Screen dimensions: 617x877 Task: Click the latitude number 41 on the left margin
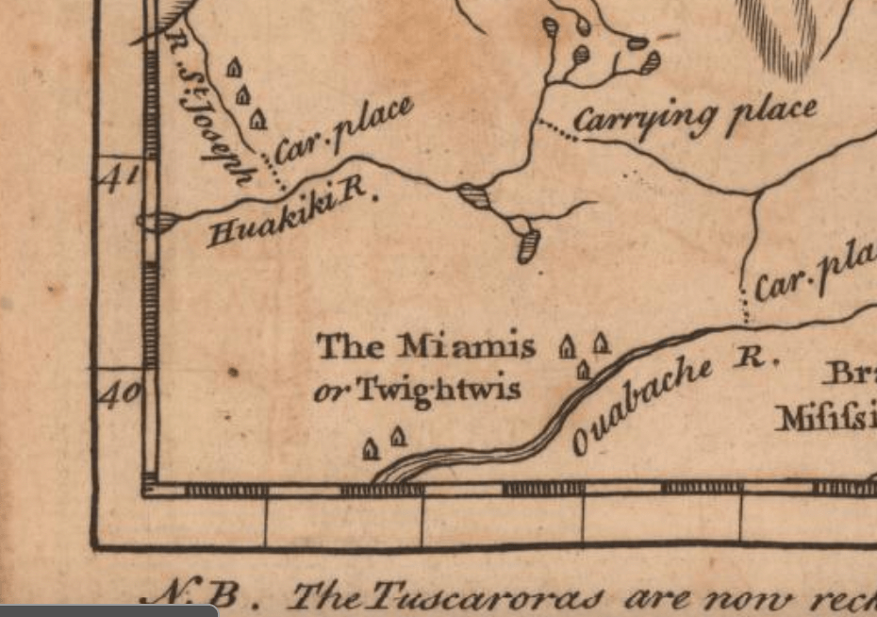point(120,176)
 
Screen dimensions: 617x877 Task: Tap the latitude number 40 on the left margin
point(120,392)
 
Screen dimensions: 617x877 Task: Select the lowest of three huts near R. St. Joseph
point(258,119)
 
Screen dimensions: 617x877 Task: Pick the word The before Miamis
point(350,346)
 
